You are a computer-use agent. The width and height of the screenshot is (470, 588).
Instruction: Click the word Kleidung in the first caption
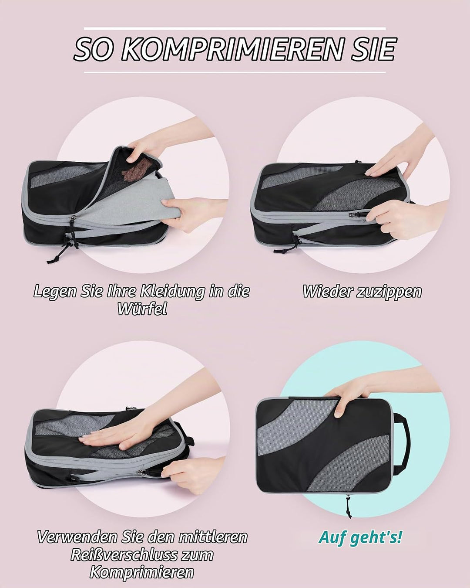click(x=171, y=292)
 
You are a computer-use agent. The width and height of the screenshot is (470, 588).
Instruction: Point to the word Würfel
click(x=142, y=309)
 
